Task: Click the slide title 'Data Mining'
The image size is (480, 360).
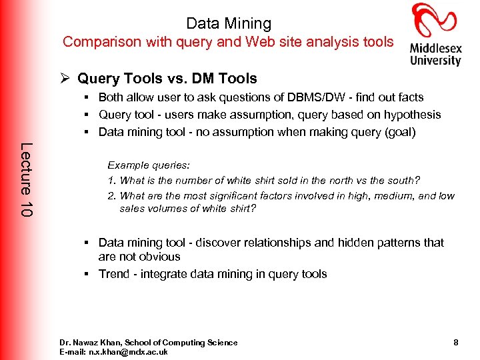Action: [x=229, y=23]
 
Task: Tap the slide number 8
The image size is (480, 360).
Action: [x=455, y=343]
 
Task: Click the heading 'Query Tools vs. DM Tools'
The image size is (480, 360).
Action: [x=167, y=78]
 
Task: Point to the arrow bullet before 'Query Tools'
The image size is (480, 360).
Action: [x=66, y=78]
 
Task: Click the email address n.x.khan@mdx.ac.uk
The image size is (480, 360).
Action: [x=130, y=351]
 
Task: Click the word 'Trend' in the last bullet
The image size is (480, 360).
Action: [x=113, y=274]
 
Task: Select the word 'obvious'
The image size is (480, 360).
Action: [x=159, y=257]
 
